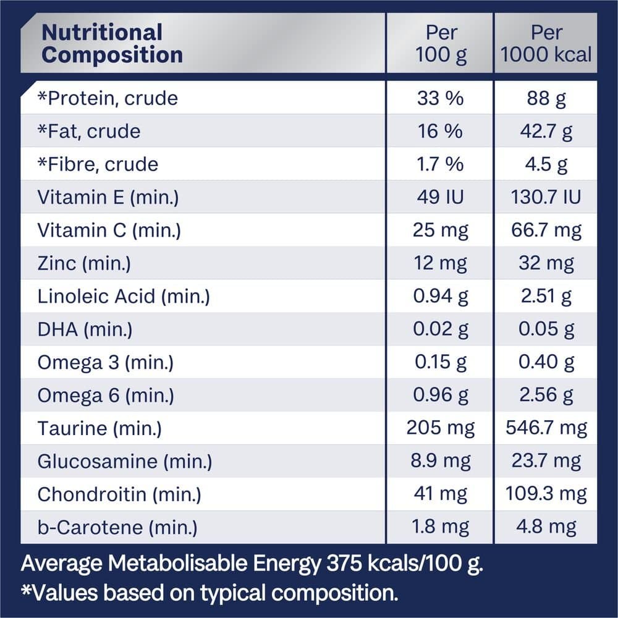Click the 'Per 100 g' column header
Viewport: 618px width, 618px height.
[x=440, y=43]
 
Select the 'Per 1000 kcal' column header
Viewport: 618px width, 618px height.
[x=546, y=43]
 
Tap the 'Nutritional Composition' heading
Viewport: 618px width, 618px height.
[x=112, y=43]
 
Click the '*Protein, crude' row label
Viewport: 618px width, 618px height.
[x=108, y=98]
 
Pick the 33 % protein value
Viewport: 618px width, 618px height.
[x=440, y=98]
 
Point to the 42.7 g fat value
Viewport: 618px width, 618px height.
[x=546, y=131]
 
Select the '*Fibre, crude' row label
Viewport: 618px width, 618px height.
[x=98, y=164]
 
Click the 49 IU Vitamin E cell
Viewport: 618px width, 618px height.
[x=440, y=197]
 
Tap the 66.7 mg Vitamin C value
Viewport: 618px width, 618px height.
[x=546, y=231]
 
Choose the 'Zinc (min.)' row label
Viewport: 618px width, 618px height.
[x=84, y=263]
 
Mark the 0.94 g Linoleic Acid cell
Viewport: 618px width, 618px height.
[x=440, y=297]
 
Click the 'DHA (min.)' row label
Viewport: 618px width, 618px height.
[x=85, y=329]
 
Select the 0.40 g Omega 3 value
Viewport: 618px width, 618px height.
[x=546, y=363]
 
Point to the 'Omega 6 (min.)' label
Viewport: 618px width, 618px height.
[x=105, y=396]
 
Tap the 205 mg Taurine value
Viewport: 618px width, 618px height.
[x=440, y=428]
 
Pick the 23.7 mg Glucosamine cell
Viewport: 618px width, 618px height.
[x=546, y=462]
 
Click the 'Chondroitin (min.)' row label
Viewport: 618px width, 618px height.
[x=119, y=494]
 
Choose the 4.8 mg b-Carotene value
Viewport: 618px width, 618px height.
[x=546, y=527]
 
